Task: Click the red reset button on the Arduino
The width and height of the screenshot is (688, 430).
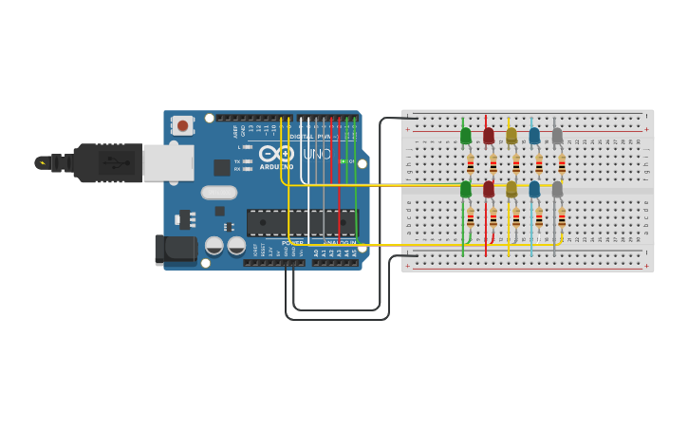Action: pyautogui.click(x=182, y=124)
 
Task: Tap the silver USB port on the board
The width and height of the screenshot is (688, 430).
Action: pyautogui.click(x=169, y=162)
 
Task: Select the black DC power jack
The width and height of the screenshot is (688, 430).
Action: pyautogui.click(x=176, y=250)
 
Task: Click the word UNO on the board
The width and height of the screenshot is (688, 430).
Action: pyautogui.click(x=317, y=154)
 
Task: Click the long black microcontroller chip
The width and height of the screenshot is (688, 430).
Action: pyautogui.click(x=302, y=222)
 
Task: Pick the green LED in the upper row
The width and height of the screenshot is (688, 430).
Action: pyautogui.click(x=466, y=137)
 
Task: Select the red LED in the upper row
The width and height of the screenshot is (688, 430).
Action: pyautogui.click(x=489, y=137)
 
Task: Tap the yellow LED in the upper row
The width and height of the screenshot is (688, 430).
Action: pyautogui.click(x=511, y=137)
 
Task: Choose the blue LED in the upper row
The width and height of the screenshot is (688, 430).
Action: pyautogui.click(x=534, y=137)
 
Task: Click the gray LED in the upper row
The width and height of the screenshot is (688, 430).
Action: pyautogui.click(x=557, y=137)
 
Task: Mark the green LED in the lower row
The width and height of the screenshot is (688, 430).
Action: pyautogui.click(x=466, y=189)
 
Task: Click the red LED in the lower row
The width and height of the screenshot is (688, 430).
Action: pyautogui.click(x=489, y=189)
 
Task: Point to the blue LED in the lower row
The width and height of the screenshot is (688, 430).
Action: pyautogui.click(x=534, y=189)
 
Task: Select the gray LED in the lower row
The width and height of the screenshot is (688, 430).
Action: pyautogui.click(x=557, y=189)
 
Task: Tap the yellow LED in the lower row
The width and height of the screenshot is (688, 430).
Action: pyautogui.click(x=511, y=189)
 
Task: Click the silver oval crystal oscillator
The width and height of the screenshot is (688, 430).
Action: pyautogui.click(x=219, y=193)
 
